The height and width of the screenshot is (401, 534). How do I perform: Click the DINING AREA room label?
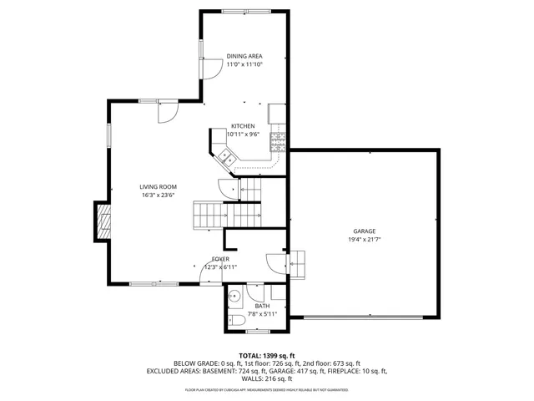coord(244,56)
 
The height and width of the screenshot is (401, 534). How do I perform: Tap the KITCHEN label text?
coord(243,126)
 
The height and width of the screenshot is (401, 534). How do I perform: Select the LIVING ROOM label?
coord(158,186)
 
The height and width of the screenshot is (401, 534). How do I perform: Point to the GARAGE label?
coord(364,231)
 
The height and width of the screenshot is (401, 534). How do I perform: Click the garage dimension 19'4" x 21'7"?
coord(364,239)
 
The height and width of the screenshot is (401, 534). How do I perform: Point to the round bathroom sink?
coord(235,295)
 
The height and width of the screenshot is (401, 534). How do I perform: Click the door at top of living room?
coord(168,109)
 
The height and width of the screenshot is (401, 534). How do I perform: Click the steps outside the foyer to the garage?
coord(300,264)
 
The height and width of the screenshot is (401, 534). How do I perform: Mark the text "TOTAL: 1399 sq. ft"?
coord(267,356)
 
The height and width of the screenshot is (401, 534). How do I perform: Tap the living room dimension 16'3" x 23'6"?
coord(158,195)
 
